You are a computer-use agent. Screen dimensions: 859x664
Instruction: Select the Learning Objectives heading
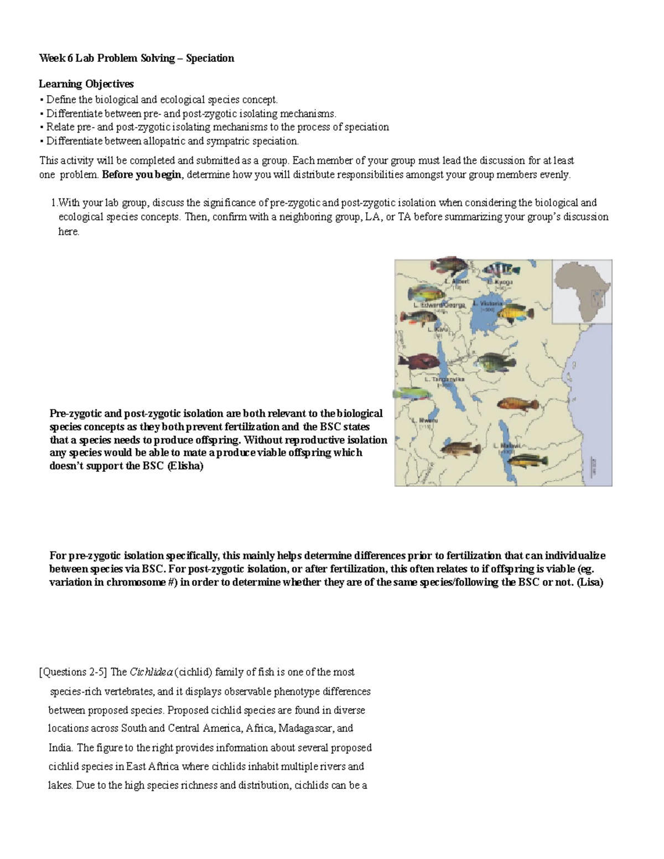click(86, 84)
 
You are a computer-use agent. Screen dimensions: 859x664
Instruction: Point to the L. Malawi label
click(510, 445)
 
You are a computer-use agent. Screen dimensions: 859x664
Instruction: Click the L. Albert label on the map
click(456, 281)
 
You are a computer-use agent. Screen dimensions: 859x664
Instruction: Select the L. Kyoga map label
click(500, 282)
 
